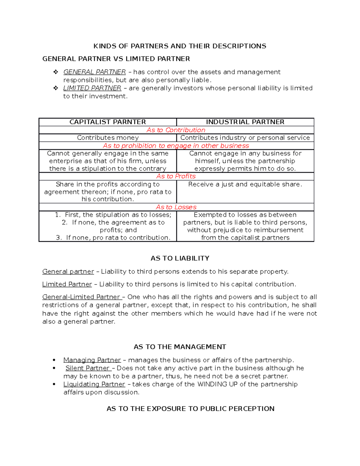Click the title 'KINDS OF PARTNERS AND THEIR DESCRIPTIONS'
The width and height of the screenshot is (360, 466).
click(x=180, y=46)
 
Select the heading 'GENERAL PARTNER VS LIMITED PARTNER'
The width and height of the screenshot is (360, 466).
click(x=116, y=59)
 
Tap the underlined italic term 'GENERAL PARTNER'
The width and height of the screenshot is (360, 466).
click(x=94, y=72)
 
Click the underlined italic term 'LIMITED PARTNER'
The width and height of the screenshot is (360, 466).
click(x=92, y=88)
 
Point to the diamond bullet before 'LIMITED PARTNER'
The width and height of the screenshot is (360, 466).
click(x=55, y=88)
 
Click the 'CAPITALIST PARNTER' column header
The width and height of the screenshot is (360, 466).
click(x=107, y=122)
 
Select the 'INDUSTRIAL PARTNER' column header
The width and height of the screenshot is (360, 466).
click(x=245, y=122)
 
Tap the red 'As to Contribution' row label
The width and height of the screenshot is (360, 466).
click(x=176, y=130)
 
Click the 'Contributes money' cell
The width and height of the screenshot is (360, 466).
click(x=108, y=138)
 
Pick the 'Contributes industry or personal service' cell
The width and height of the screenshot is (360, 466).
click(x=245, y=138)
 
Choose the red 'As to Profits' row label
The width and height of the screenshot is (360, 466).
click(x=176, y=176)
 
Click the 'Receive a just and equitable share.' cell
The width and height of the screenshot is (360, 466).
click(x=245, y=184)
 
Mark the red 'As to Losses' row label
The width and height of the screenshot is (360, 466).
click(x=176, y=207)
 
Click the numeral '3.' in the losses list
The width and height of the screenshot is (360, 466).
click(x=59, y=238)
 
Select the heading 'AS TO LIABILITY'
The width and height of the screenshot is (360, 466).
click(x=180, y=258)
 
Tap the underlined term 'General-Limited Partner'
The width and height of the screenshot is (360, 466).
click(x=81, y=297)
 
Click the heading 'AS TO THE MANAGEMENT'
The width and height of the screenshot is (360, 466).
click(x=180, y=347)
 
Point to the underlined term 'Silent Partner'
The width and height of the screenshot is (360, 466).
click(x=88, y=368)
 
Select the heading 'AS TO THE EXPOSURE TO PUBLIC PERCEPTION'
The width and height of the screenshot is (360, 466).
click(x=190, y=409)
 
